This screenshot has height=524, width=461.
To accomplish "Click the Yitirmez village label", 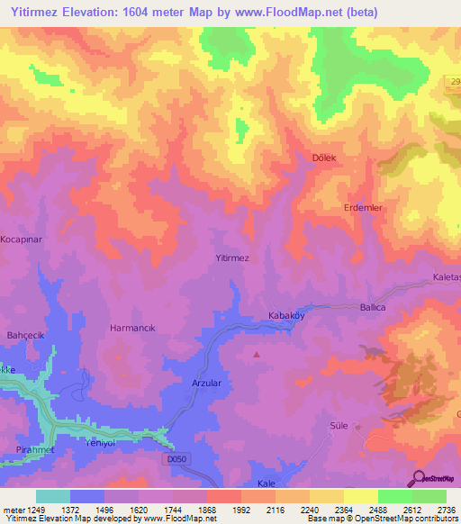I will pyautogui.click(x=232, y=257).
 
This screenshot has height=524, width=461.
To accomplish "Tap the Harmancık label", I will pyautogui.click(x=132, y=329).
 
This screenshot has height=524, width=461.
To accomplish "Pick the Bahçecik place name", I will pyautogui.click(x=26, y=335).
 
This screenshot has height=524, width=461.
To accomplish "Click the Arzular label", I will pyautogui.click(x=206, y=384).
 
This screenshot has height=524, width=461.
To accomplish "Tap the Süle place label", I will pyautogui.click(x=339, y=424).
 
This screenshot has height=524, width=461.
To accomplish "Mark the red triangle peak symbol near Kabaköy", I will pyautogui.click(x=258, y=354).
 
